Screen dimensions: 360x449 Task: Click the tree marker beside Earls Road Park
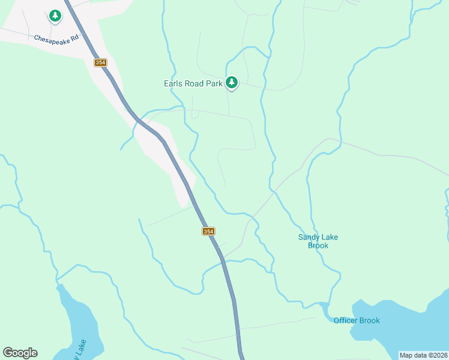coord(232,83)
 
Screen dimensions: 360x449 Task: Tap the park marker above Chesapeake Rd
coord(55,16)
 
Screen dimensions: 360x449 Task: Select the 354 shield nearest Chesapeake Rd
coord(100,62)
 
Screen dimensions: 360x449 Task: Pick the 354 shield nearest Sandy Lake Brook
coord(208,231)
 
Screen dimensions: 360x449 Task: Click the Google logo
coord(20,353)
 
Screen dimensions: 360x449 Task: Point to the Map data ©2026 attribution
coord(424,355)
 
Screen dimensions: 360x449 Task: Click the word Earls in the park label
coord(173,84)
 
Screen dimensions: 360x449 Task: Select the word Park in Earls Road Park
coord(215,84)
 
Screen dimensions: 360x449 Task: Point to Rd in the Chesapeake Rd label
coord(74,38)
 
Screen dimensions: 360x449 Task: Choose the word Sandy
coord(309,237)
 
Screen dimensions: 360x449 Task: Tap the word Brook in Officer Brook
coord(370,320)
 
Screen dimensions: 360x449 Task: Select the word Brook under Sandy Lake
coord(318,245)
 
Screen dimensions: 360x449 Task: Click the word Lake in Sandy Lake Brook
coord(330,237)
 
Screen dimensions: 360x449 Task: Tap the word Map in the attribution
coord(406,355)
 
